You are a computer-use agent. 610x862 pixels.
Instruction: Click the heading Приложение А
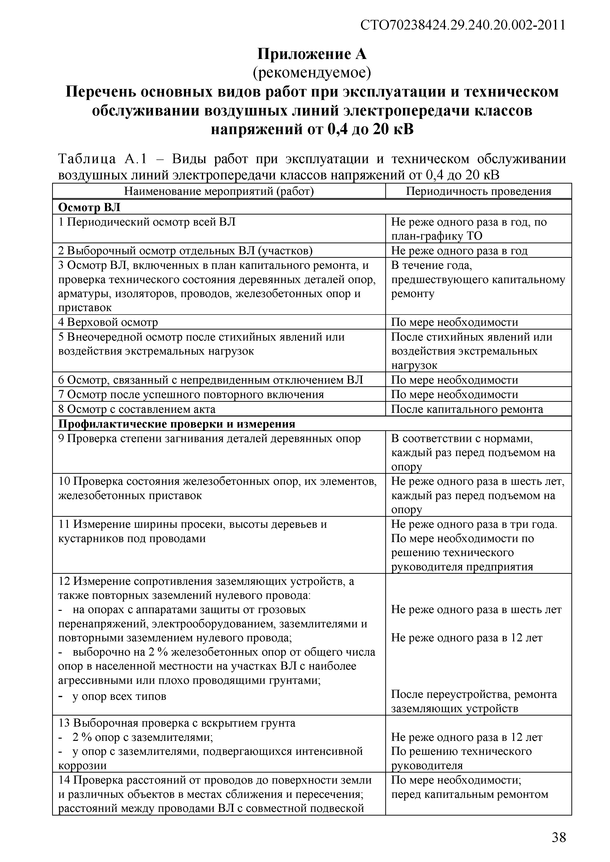pos(312,55)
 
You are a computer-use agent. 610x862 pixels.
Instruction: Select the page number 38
pos(559,837)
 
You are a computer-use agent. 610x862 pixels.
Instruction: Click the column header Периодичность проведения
pos(478,191)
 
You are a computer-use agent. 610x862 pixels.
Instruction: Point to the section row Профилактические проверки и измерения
pos(177,424)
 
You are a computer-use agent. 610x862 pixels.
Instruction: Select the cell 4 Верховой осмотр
pos(108,322)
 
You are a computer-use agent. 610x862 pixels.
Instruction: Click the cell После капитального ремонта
pos(467,409)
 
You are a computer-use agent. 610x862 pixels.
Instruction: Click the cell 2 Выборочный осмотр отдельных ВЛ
pos(185,250)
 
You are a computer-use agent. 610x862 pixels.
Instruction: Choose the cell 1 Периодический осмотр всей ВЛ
pos(147,222)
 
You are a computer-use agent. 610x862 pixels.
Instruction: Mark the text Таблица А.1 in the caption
pos(101,159)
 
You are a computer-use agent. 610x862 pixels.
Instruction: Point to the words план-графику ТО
pos(436,236)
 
